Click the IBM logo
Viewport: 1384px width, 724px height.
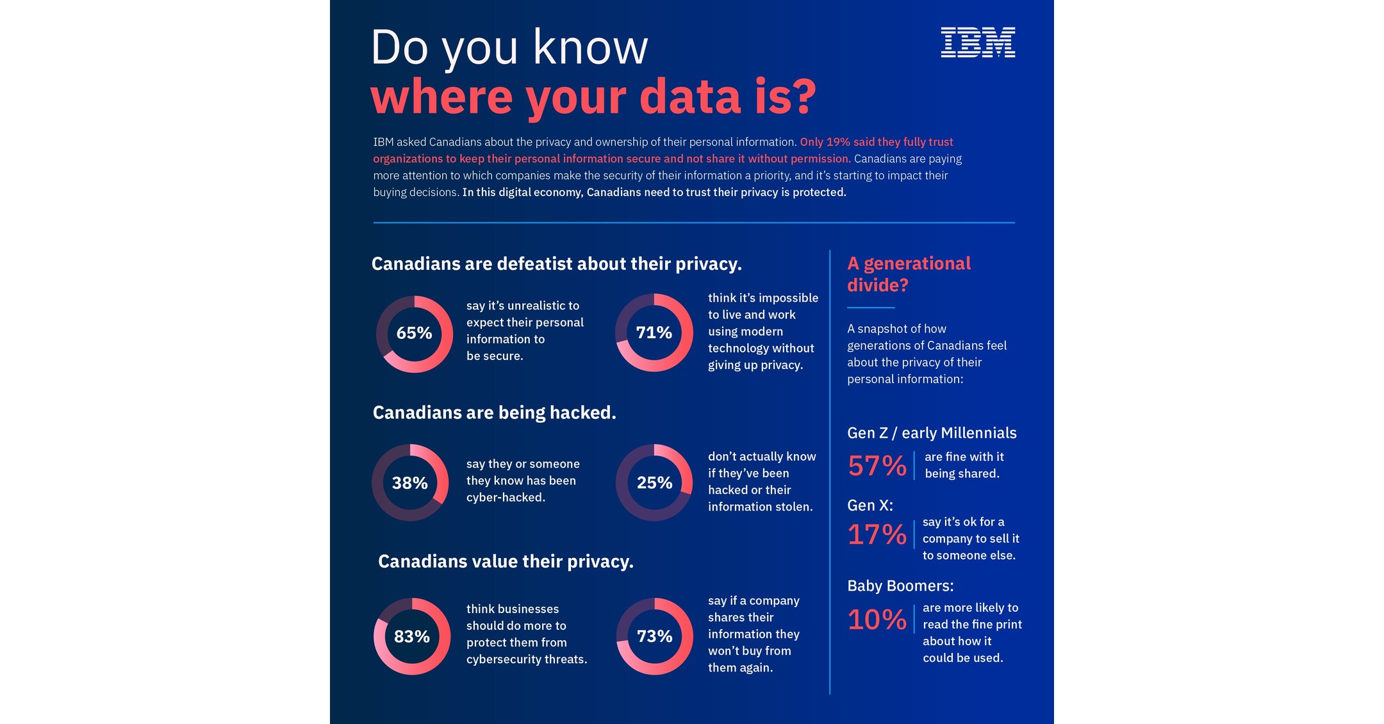978,42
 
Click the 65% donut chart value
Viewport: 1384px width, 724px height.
414,333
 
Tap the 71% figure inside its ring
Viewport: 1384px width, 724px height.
654,333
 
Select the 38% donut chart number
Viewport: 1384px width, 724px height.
410,483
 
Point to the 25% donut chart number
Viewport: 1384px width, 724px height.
654,482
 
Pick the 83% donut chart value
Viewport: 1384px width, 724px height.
411,637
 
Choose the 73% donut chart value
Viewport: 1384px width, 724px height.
654,636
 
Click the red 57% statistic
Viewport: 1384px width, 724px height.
877,466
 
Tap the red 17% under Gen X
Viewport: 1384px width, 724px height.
877,535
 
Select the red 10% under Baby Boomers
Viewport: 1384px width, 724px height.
877,620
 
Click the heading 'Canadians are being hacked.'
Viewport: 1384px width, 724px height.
494,413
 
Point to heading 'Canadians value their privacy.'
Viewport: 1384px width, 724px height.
506,561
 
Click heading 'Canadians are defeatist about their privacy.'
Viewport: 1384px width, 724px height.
556,264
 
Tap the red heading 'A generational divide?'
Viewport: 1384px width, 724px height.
908,274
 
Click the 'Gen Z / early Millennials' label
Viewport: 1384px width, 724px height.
932,433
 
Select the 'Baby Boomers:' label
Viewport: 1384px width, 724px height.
900,586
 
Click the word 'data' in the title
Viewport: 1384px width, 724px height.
690,97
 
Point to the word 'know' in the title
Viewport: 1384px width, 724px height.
590,47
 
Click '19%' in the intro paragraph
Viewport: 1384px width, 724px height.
837,142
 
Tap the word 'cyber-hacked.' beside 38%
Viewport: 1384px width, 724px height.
506,498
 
